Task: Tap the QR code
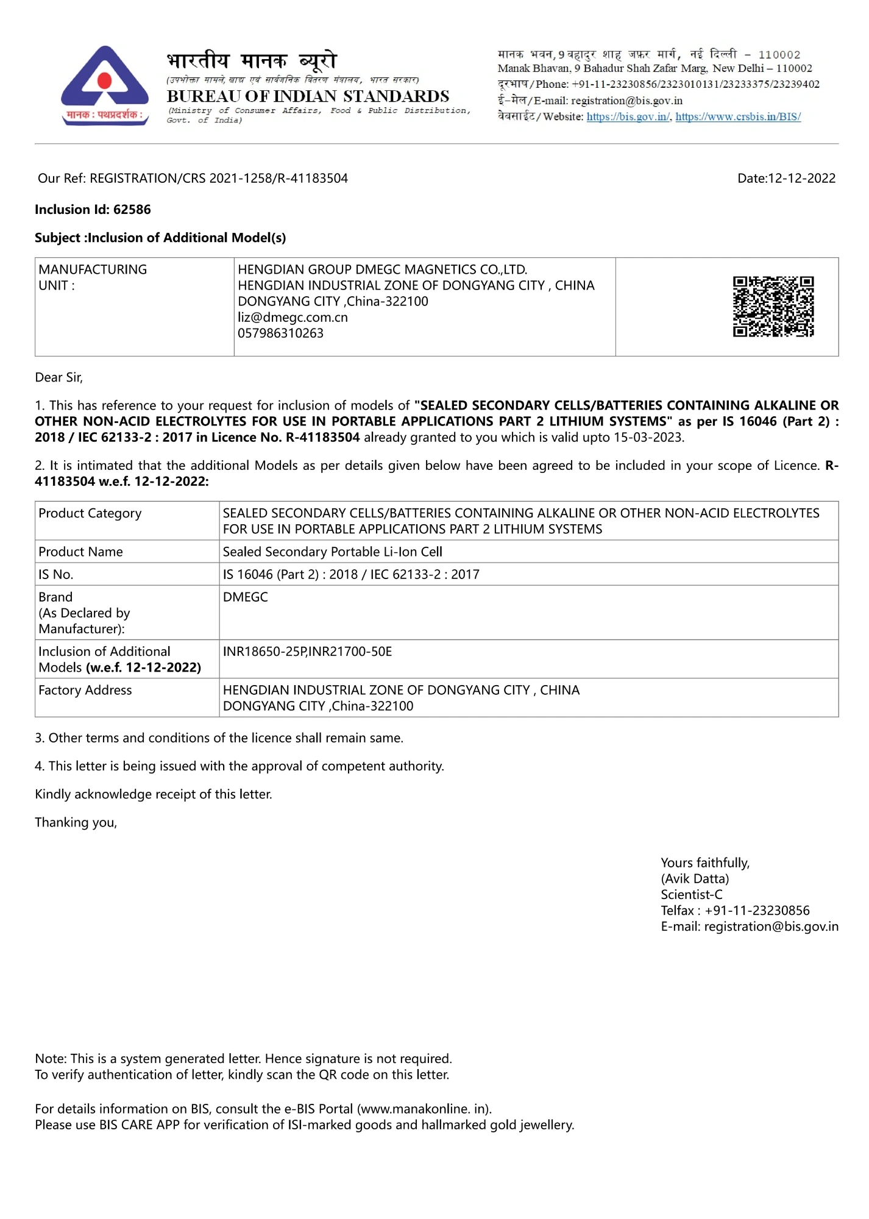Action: [773, 307]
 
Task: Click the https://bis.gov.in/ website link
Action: [628, 116]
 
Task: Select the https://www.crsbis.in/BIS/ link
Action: [738, 116]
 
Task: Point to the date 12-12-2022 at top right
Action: [801, 178]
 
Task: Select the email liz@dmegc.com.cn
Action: [293, 317]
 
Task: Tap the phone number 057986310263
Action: [280, 333]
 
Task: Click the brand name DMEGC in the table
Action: [245, 597]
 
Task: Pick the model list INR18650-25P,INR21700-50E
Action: [307, 652]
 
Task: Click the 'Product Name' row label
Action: [80, 552]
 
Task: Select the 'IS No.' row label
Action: [55, 574]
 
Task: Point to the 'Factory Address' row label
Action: [85, 690]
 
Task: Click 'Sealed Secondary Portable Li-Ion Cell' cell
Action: [332, 552]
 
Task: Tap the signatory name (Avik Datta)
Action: [695, 878]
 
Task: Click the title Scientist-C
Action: [692, 894]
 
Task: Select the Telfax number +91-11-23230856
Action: [757, 911]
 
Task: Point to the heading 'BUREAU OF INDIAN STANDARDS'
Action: [308, 96]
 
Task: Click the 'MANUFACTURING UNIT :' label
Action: [93, 277]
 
